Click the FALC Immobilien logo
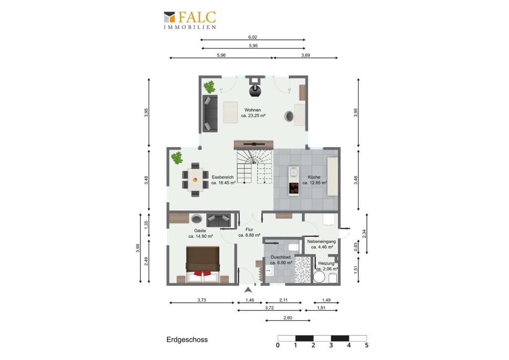(x=190, y=20)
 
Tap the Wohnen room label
(x=253, y=110)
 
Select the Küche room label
(x=314, y=177)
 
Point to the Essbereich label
(x=223, y=177)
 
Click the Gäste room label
(x=200, y=231)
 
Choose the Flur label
(x=250, y=230)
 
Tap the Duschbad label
(x=280, y=257)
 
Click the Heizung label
(x=326, y=263)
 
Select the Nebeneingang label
(x=322, y=242)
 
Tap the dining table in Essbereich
(x=195, y=180)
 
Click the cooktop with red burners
(x=294, y=188)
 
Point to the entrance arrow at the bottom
(x=248, y=290)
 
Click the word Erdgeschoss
(x=187, y=340)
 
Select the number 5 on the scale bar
(x=366, y=346)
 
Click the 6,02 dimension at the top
(x=253, y=37)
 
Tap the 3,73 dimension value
(x=202, y=300)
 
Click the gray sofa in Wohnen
(x=210, y=113)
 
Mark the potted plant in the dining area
(x=177, y=158)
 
